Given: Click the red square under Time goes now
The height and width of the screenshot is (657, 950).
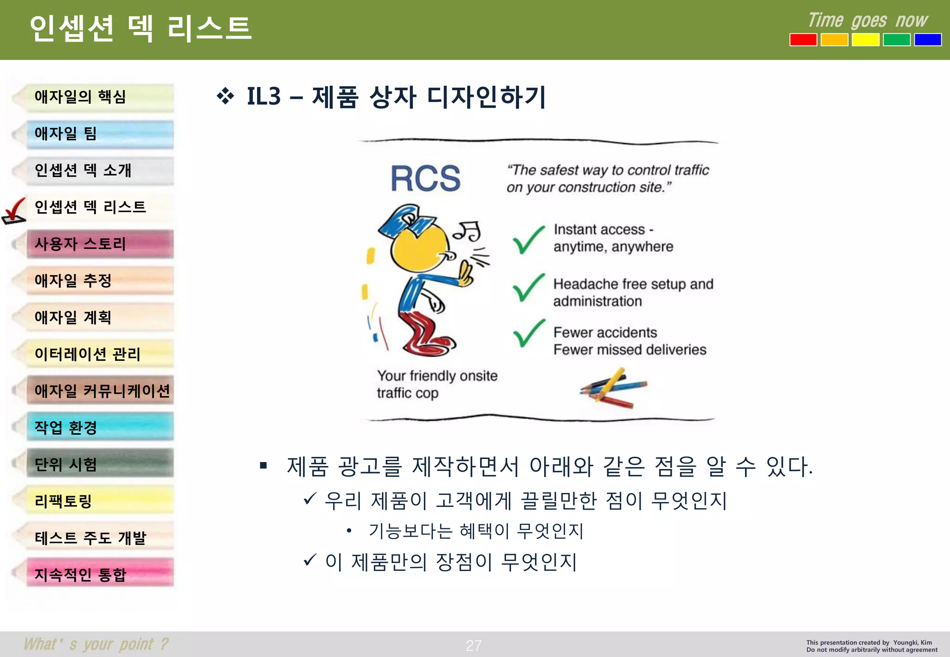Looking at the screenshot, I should click(x=803, y=40).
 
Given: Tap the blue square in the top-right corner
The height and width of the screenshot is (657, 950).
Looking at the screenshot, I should click(x=927, y=40).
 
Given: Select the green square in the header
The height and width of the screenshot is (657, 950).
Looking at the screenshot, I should click(x=896, y=40).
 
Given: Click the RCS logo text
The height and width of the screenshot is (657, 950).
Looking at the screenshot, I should click(x=425, y=179).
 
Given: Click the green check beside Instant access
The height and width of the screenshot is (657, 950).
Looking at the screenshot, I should click(x=528, y=240).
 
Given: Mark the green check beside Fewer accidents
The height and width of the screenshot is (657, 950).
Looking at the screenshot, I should click(x=528, y=334).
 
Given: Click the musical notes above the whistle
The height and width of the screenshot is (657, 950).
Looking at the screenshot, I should click(x=468, y=230).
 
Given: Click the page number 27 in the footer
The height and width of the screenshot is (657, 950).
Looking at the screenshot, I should click(x=474, y=645).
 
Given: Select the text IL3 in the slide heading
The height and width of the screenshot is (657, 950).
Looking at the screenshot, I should click(x=263, y=97).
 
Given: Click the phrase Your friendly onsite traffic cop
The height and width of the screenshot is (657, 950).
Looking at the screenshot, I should click(x=436, y=384).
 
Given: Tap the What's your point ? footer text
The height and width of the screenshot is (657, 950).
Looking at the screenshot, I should click(x=96, y=644).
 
